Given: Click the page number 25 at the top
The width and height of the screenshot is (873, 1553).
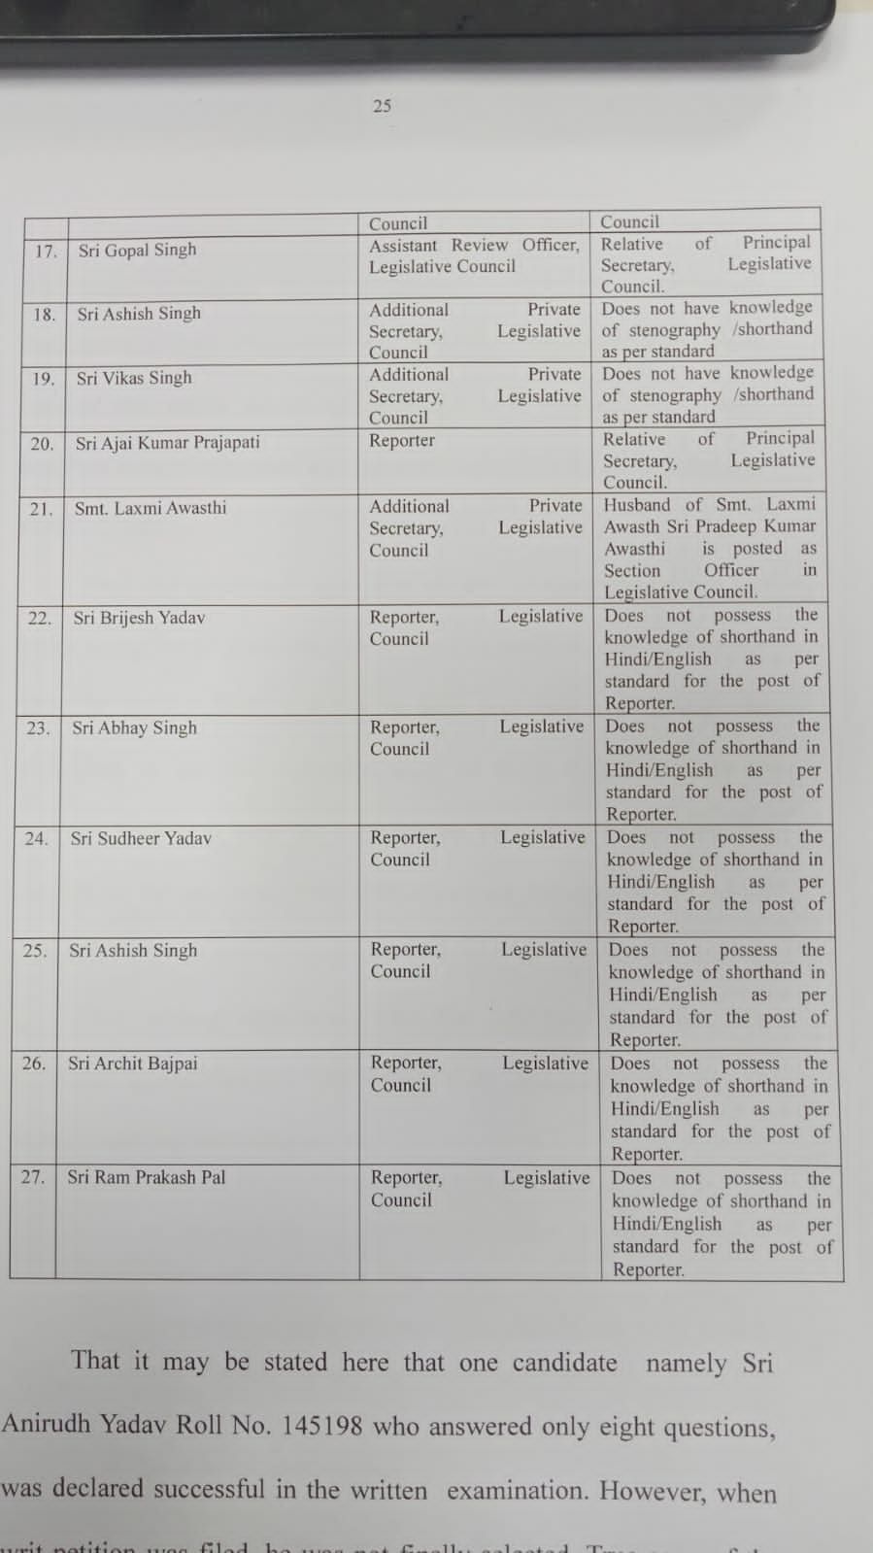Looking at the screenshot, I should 382,105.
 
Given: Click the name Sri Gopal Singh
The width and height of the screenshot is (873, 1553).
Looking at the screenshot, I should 137,250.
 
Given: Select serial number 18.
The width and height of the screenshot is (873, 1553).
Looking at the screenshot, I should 44,315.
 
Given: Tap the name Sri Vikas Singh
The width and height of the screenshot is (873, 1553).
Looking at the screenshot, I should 134,378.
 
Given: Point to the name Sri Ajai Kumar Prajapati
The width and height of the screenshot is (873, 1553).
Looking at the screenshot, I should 167,443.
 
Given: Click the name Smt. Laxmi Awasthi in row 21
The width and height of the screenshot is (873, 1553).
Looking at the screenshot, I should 150,507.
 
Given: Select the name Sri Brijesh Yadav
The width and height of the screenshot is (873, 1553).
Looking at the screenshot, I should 139,618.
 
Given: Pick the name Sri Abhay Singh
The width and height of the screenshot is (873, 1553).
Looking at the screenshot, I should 134,727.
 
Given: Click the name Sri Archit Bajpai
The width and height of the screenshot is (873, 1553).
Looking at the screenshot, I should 132,1063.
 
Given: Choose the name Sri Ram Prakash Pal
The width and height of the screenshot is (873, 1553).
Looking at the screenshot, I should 146,1177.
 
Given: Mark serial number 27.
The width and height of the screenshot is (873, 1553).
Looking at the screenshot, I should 32,1177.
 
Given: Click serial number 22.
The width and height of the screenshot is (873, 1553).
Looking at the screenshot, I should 39,618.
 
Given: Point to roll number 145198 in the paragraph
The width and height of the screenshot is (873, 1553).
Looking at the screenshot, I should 321,1426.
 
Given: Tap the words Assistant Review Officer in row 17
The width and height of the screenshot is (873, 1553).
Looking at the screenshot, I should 474,246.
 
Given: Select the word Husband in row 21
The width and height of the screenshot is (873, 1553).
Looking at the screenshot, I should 636,505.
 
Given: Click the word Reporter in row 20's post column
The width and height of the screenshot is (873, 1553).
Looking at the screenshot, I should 402,441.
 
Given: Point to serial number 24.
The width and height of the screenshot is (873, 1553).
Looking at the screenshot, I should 36,838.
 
